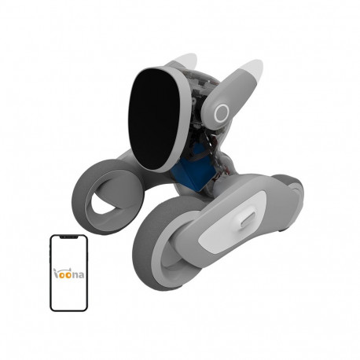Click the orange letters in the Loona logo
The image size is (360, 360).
pyautogui.click(x=63, y=274)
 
